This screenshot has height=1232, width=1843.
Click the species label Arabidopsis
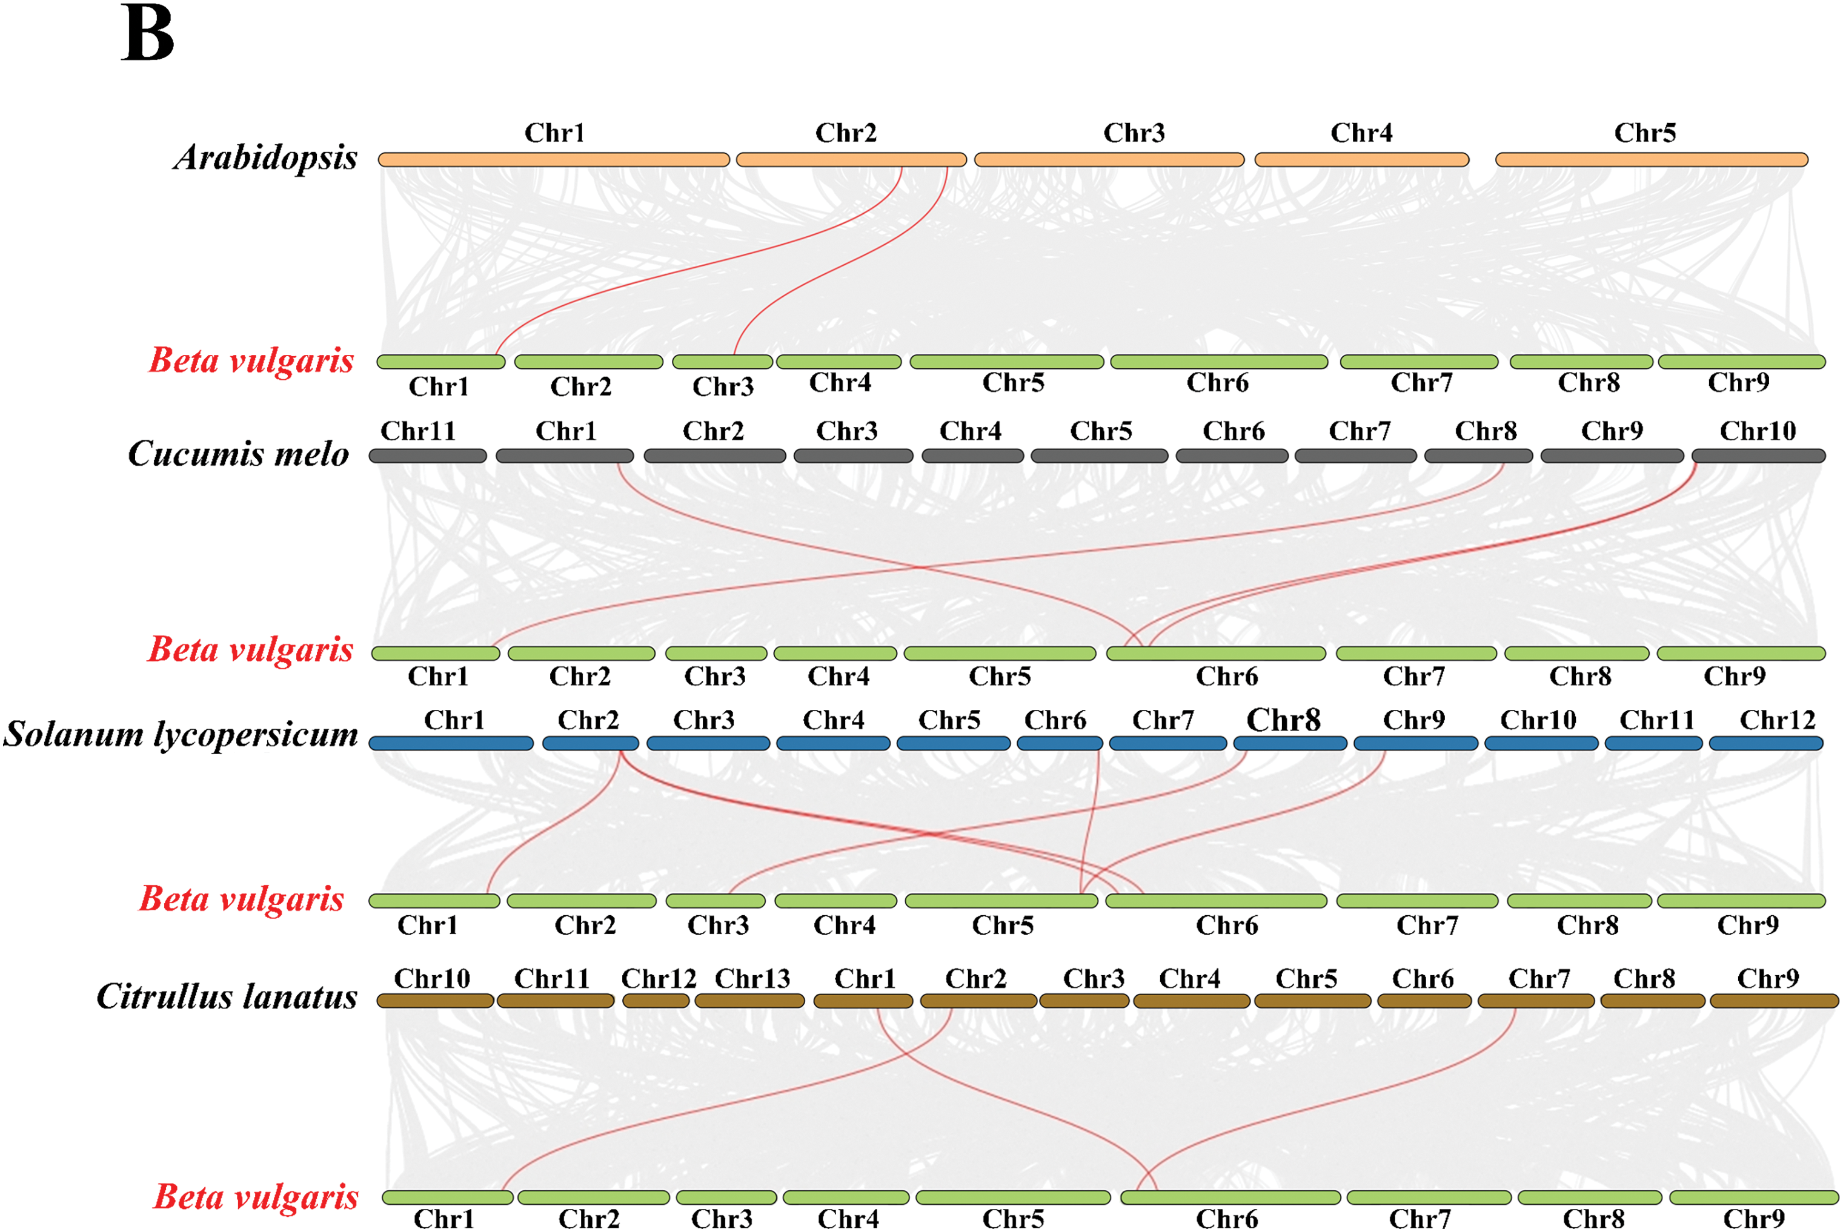(x=265, y=157)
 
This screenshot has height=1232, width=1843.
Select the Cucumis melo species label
(x=238, y=453)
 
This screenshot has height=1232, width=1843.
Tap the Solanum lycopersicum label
(x=181, y=734)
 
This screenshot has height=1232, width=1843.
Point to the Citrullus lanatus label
(x=227, y=996)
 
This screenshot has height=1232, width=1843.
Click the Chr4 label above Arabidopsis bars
(x=1361, y=133)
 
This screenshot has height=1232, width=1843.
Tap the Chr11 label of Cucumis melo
(x=417, y=431)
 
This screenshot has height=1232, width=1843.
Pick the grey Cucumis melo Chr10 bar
(x=1758, y=455)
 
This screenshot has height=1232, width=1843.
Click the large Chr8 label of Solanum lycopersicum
(x=1283, y=720)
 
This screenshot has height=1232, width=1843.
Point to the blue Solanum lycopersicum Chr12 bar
(x=1766, y=743)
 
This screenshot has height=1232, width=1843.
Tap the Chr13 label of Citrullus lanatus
(x=752, y=978)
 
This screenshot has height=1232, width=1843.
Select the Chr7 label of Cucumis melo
(x=1359, y=431)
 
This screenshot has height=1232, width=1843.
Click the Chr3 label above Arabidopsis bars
(x=1134, y=133)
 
